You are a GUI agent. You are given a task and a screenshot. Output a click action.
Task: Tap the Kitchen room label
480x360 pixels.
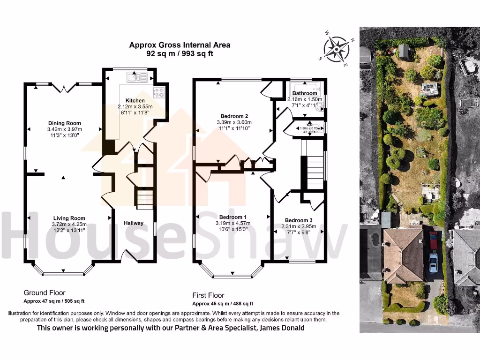[135, 101]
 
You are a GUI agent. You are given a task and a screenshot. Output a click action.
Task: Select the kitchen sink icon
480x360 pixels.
[137, 77]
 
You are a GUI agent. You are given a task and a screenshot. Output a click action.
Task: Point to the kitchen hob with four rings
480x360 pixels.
[158, 92]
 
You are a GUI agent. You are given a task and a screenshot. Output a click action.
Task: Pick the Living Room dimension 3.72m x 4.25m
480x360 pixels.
[69, 224]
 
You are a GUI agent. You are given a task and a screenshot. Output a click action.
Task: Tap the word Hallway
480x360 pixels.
[134, 223]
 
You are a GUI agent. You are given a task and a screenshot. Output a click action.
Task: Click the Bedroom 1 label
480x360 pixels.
[233, 217]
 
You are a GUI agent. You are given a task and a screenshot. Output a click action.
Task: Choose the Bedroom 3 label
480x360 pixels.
[298, 220]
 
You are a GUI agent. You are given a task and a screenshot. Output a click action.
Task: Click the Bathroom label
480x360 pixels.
[305, 93]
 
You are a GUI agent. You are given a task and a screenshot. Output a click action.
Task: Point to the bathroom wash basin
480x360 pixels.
[321, 107]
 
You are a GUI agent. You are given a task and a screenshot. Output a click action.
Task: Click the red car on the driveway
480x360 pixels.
[433, 240]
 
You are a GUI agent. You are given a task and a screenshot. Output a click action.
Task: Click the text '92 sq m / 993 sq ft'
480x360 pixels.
[180, 54]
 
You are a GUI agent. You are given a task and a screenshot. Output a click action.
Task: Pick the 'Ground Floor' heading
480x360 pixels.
[45, 292]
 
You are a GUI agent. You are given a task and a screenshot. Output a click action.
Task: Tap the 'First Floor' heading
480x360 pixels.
[208, 295]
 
